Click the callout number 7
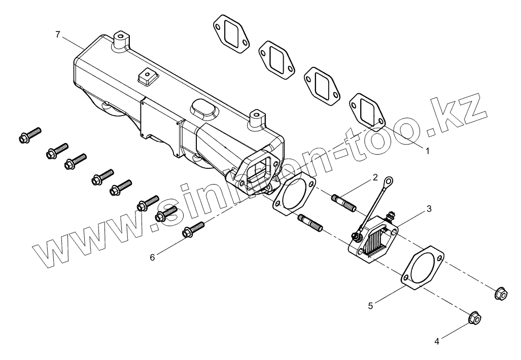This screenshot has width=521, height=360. coord(57,34)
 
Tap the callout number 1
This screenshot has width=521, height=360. coord(427,151)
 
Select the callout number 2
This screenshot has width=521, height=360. coord(375,177)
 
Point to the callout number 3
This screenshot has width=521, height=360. coord(429,208)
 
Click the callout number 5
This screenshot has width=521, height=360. coord(371,305)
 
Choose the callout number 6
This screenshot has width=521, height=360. coord(152,258)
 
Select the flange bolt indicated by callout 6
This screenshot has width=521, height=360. coord(193,229)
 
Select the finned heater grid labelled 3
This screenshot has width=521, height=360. coord(375,238)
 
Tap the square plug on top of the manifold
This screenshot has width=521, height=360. coord(146,77)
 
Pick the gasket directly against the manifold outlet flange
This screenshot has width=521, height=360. coord(294,193)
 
